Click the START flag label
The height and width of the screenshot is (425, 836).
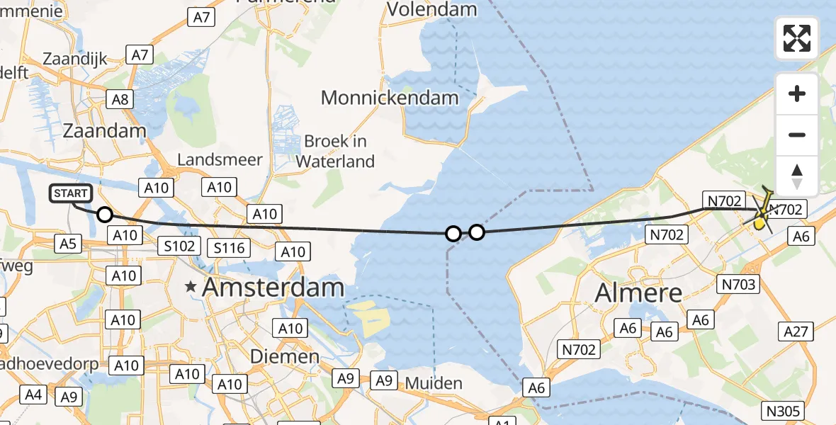(x=71, y=193)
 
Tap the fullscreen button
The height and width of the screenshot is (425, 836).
(x=797, y=38)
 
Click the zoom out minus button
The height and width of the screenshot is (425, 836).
(x=797, y=135)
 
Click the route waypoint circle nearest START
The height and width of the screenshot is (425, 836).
(x=104, y=215)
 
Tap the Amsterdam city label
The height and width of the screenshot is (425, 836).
(x=273, y=288)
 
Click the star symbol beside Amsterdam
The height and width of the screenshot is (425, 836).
(x=191, y=288)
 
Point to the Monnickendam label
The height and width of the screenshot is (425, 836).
(x=390, y=98)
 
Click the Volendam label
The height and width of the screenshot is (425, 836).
(x=432, y=10)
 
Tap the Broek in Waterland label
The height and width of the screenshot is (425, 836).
(x=335, y=151)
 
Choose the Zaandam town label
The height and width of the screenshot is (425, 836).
(x=104, y=130)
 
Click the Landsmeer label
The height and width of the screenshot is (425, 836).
(x=220, y=160)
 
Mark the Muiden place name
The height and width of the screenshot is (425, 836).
(x=434, y=384)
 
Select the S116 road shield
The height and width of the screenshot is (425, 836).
(x=229, y=247)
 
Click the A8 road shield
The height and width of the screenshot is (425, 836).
(x=120, y=99)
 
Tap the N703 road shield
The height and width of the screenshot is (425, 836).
(x=738, y=285)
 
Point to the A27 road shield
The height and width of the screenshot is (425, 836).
(x=797, y=331)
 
